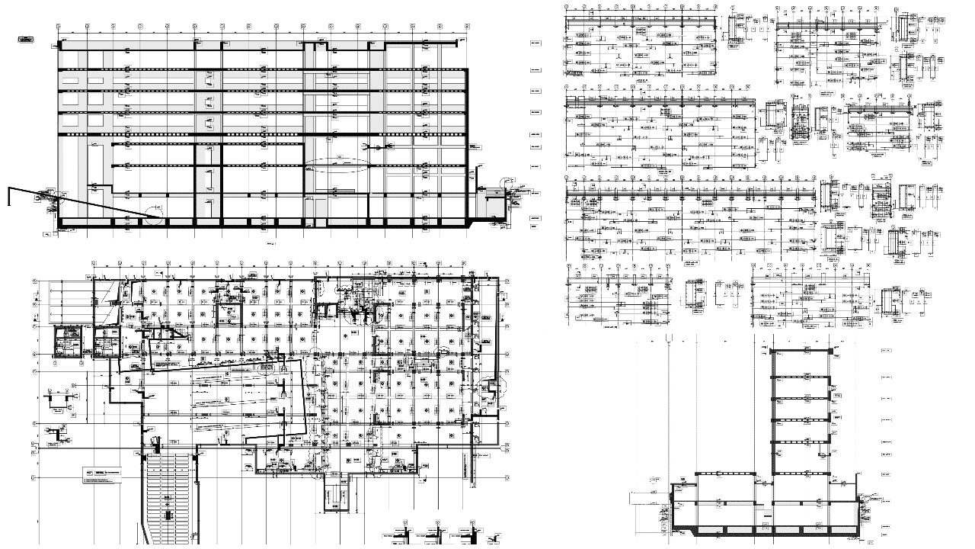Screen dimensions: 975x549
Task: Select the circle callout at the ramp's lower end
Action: pyautogui.click(x=155, y=210)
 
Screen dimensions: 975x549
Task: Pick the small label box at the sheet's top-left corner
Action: pyautogui.click(x=27, y=38)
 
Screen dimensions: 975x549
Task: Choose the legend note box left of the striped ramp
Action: pyautogui.click(x=102, y=477)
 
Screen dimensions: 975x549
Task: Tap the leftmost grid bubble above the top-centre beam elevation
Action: pyautogui.click(x=567, y=7)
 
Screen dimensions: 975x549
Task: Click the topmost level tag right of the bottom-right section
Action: pyautogui.click(x=885, y=350)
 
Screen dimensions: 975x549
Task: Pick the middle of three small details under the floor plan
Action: pyautogui.click(x=440, y=534)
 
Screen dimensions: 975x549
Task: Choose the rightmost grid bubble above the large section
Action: pyautogui.click(x=466, y=26)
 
